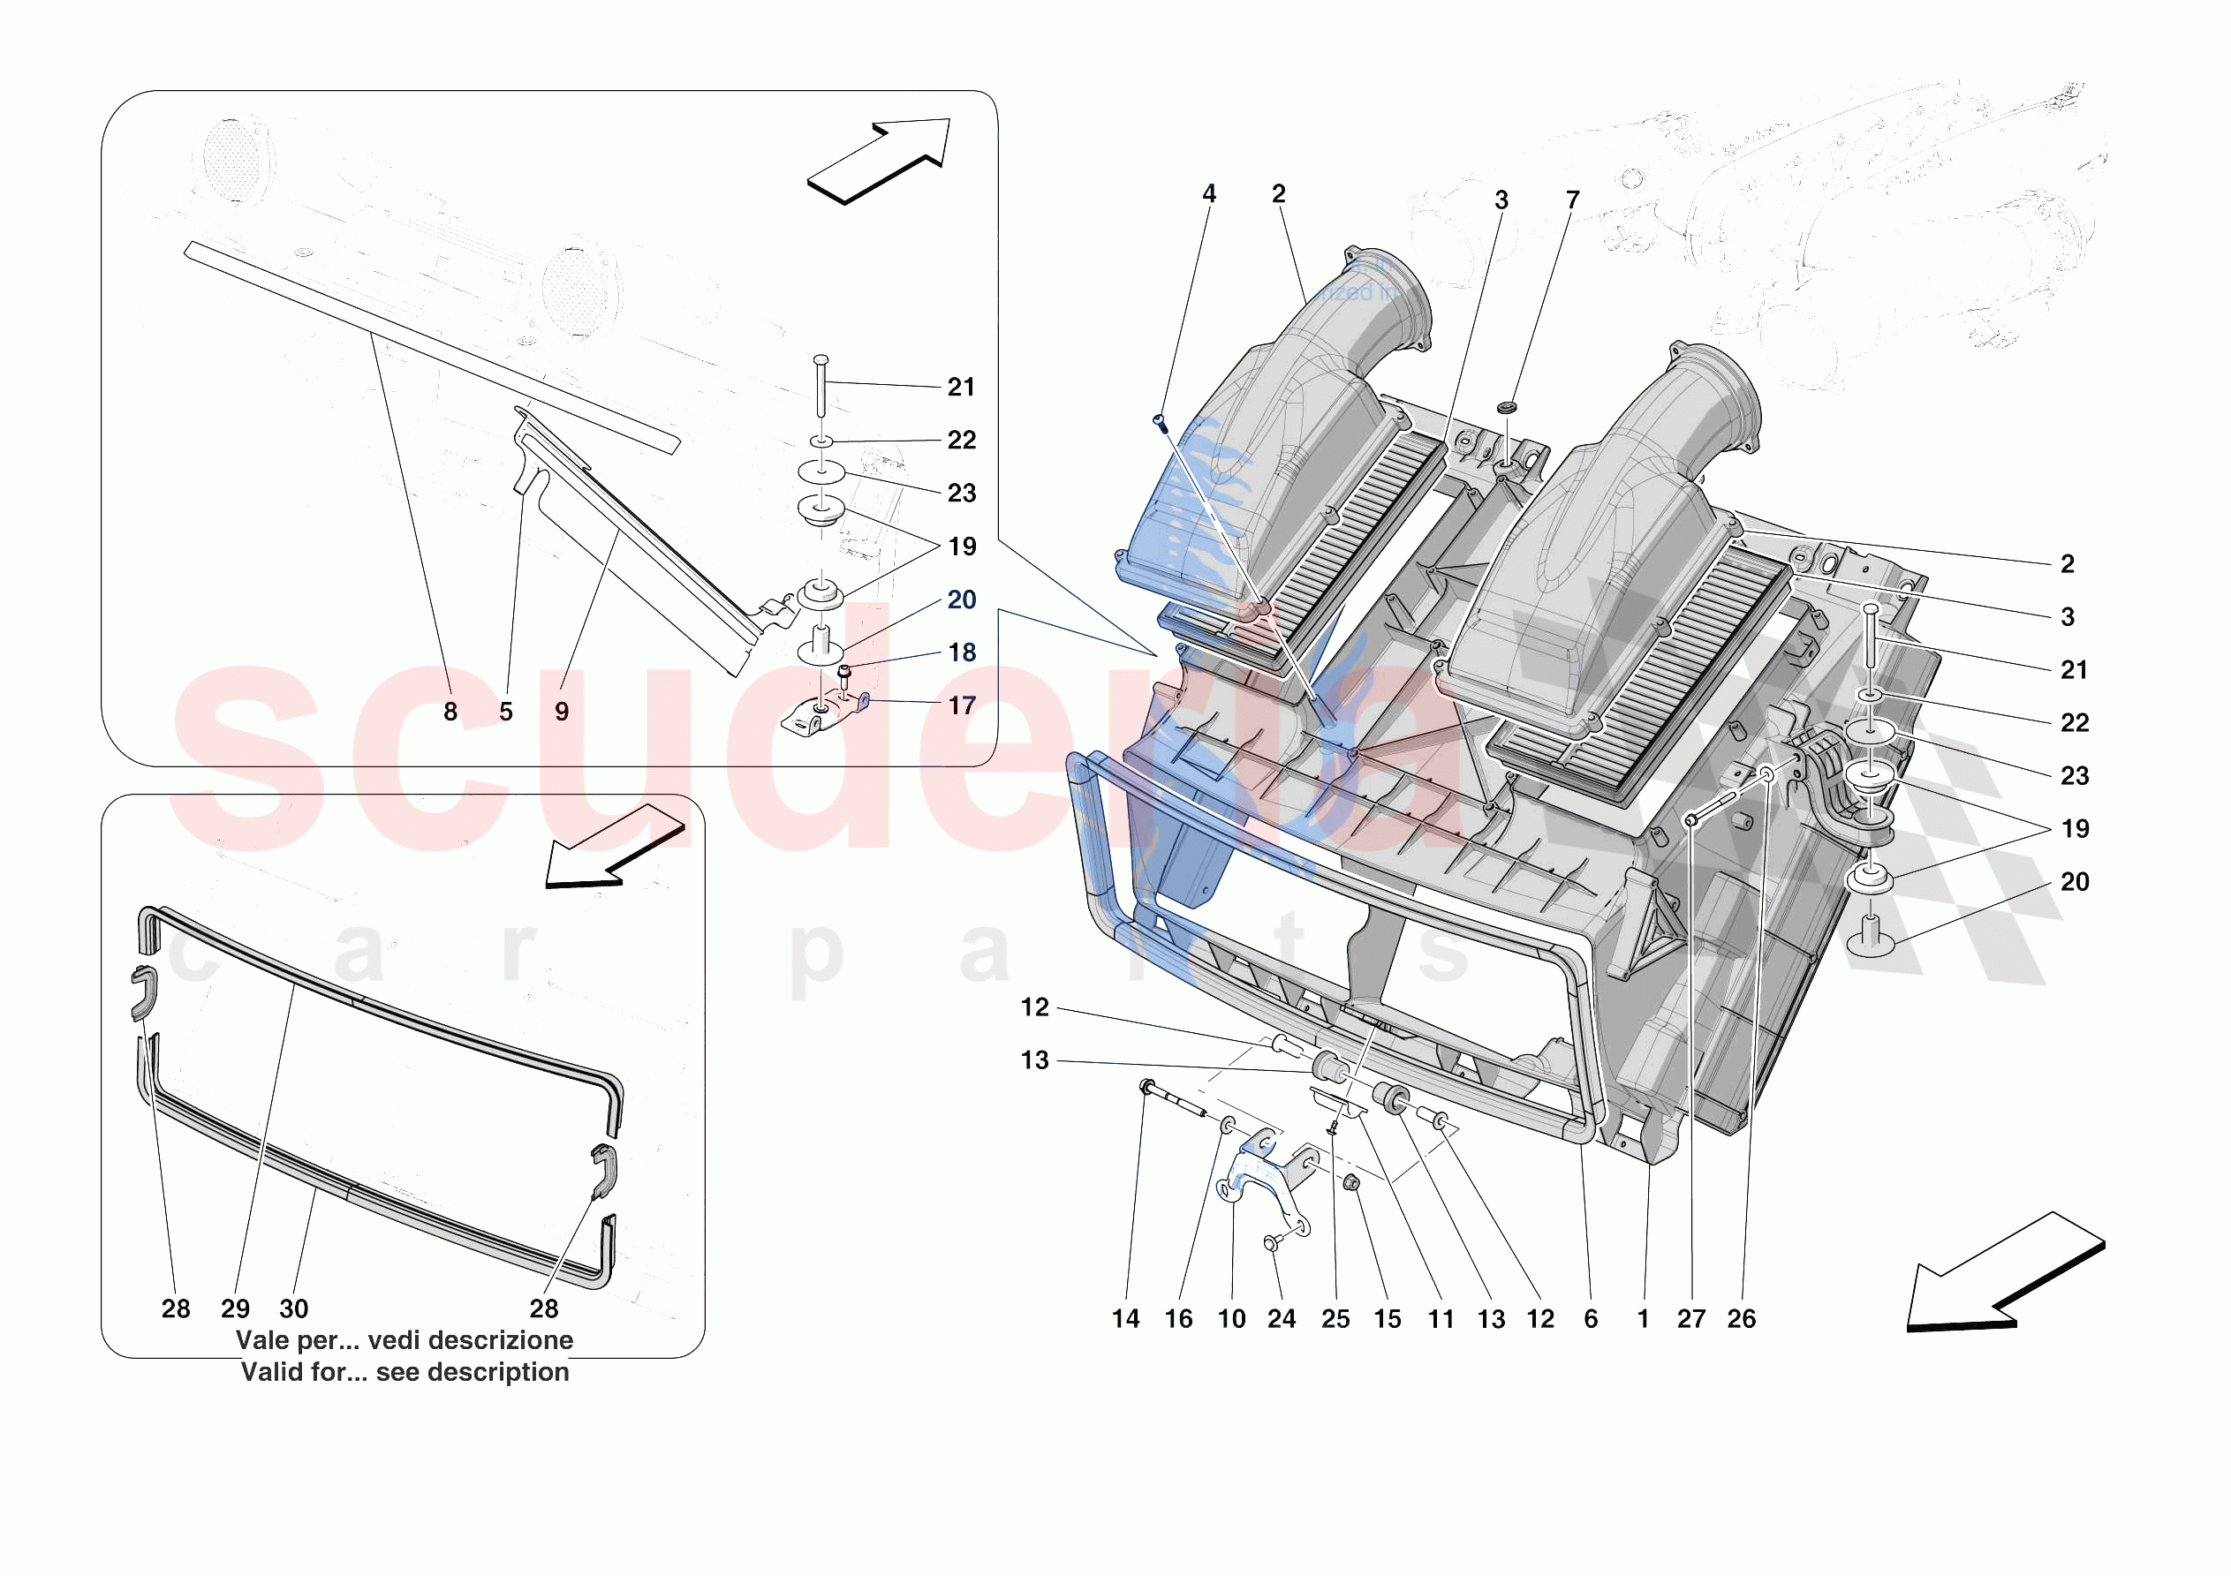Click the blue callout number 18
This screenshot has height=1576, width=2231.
[x=961, y=653]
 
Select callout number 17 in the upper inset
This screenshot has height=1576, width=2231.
[x=961, y=706]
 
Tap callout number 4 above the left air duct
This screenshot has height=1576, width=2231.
[x=1209, y=193]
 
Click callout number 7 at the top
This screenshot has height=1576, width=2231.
[x=1572, y=200]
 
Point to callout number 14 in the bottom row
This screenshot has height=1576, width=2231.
[x=1125, y=1319]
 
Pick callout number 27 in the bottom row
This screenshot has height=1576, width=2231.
[x=1690, y=1319]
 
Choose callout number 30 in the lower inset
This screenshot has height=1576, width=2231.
[x=293, y=1309]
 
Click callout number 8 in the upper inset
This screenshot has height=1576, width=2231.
[x=450, y=713]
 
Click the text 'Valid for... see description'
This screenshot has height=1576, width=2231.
[x=405, y=1373]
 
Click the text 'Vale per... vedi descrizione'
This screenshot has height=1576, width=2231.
[x=405, y=1341]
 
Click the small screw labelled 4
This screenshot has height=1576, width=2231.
[x=1158, y=422]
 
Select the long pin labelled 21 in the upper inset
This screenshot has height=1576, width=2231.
[x=821, y=387]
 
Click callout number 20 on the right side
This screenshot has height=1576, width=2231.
[x=2074, y=882]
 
